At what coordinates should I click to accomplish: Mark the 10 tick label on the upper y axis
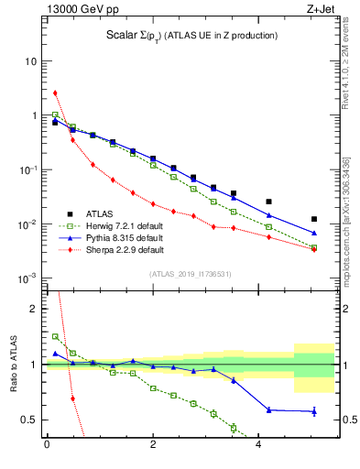31,61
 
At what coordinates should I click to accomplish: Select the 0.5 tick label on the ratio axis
29,420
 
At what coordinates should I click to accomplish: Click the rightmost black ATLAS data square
314,219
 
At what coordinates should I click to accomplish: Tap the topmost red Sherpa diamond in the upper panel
55,93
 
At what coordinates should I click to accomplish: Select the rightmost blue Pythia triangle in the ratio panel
314,411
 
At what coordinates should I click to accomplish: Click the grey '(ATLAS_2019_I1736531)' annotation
190,273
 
